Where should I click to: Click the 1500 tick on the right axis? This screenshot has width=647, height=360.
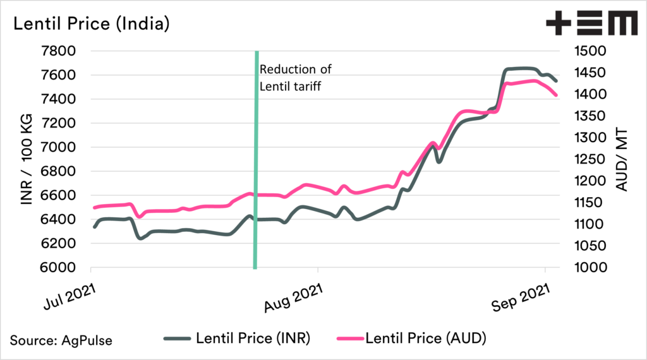point(588,51)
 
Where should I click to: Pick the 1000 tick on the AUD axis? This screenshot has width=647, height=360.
point(588,268)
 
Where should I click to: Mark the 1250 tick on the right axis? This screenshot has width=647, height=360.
point(588,159)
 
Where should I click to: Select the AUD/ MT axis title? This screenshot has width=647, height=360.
point(625,159)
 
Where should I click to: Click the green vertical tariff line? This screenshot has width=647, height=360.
point(256,189)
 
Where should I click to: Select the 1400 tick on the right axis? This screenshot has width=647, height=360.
point(588,95)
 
